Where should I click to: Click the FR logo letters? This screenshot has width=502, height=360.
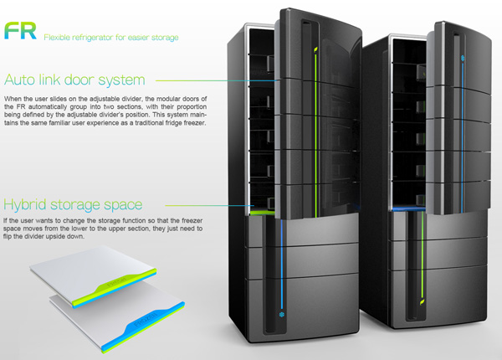[18, 32]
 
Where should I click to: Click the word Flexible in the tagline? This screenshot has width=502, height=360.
[59, 37]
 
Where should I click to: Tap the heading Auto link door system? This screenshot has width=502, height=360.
[75, 81]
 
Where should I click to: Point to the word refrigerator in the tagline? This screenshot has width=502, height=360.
[97, 37]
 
